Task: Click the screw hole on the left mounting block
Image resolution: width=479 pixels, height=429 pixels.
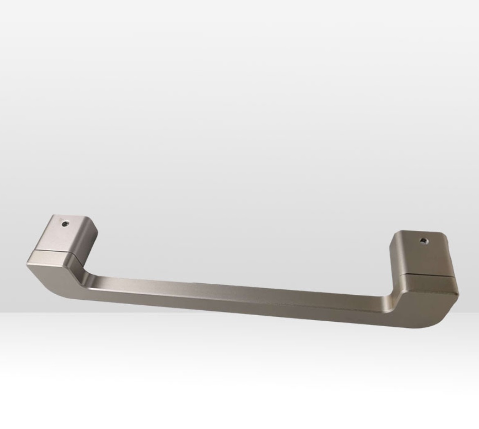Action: [65, 224]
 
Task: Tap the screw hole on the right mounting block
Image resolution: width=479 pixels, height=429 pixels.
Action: [424, 241]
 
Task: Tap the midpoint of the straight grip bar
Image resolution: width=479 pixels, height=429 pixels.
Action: [237, 297]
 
